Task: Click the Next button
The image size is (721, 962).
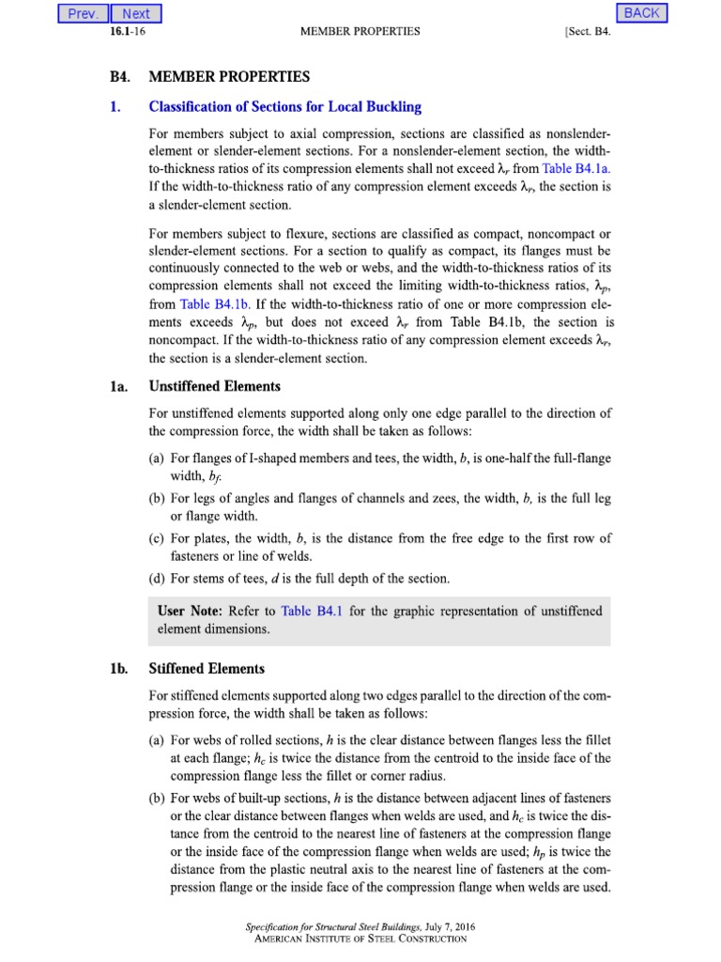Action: pyautogui.click(x=136, y=13)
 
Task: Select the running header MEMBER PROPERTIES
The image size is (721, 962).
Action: pyautogui.click(x=360, y=31)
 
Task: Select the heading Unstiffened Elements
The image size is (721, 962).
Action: pyautogui.click(x=215, y=386)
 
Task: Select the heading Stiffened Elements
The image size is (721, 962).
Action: pyautogui.click(x=207, y=669)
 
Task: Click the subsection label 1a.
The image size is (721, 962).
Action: pyautogui.click(x=117, y=386)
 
